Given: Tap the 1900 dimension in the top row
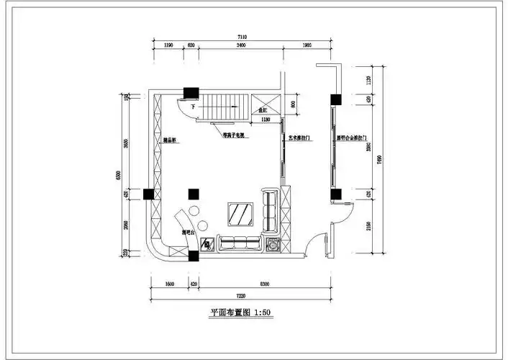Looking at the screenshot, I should point(307,45).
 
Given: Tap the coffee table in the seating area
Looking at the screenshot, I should point(240,214).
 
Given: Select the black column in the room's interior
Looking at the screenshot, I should point(192,193).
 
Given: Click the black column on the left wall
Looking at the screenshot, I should point(148,193).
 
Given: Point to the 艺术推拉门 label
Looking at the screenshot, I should point(299,137).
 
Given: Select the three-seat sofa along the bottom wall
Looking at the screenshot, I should point(240,244).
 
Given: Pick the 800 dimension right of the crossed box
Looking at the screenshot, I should point(293,103).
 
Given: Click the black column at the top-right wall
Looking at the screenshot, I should point(335,100).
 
